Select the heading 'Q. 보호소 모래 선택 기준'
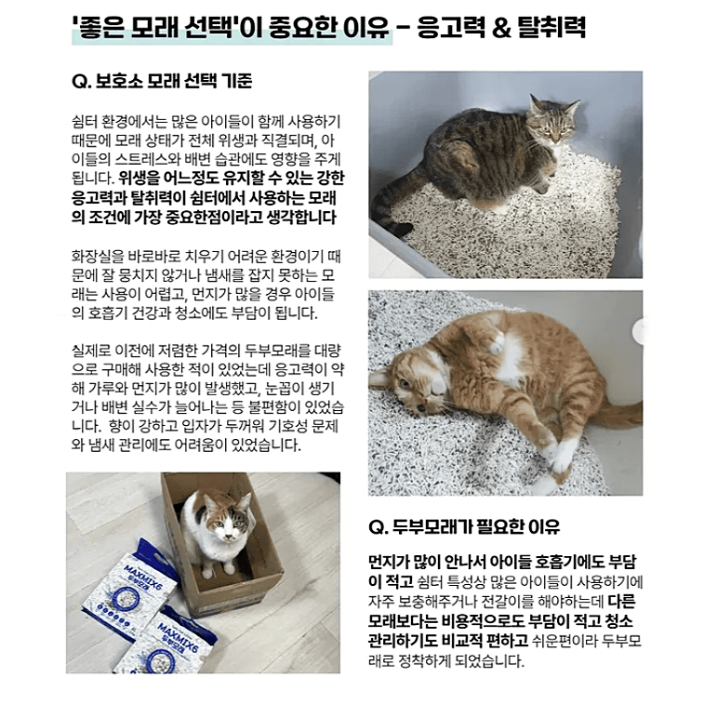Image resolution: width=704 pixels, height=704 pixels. coord(162,81)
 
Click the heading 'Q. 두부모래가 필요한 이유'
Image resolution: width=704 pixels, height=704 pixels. coord(464,526)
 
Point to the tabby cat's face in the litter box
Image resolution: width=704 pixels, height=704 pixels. coord(552,124)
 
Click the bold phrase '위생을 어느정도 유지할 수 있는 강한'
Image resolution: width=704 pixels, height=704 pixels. coord(232,179)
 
